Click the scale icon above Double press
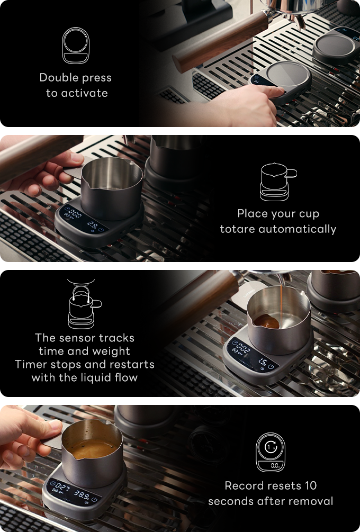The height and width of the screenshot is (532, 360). [75, 46]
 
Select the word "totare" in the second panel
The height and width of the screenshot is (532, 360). [237, 229]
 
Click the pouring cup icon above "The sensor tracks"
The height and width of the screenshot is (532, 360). [85, 304]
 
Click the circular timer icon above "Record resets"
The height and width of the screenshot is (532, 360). [271, 452]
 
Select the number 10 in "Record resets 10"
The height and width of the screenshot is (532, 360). [310, 485]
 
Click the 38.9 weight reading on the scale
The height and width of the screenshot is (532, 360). [82, 494]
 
